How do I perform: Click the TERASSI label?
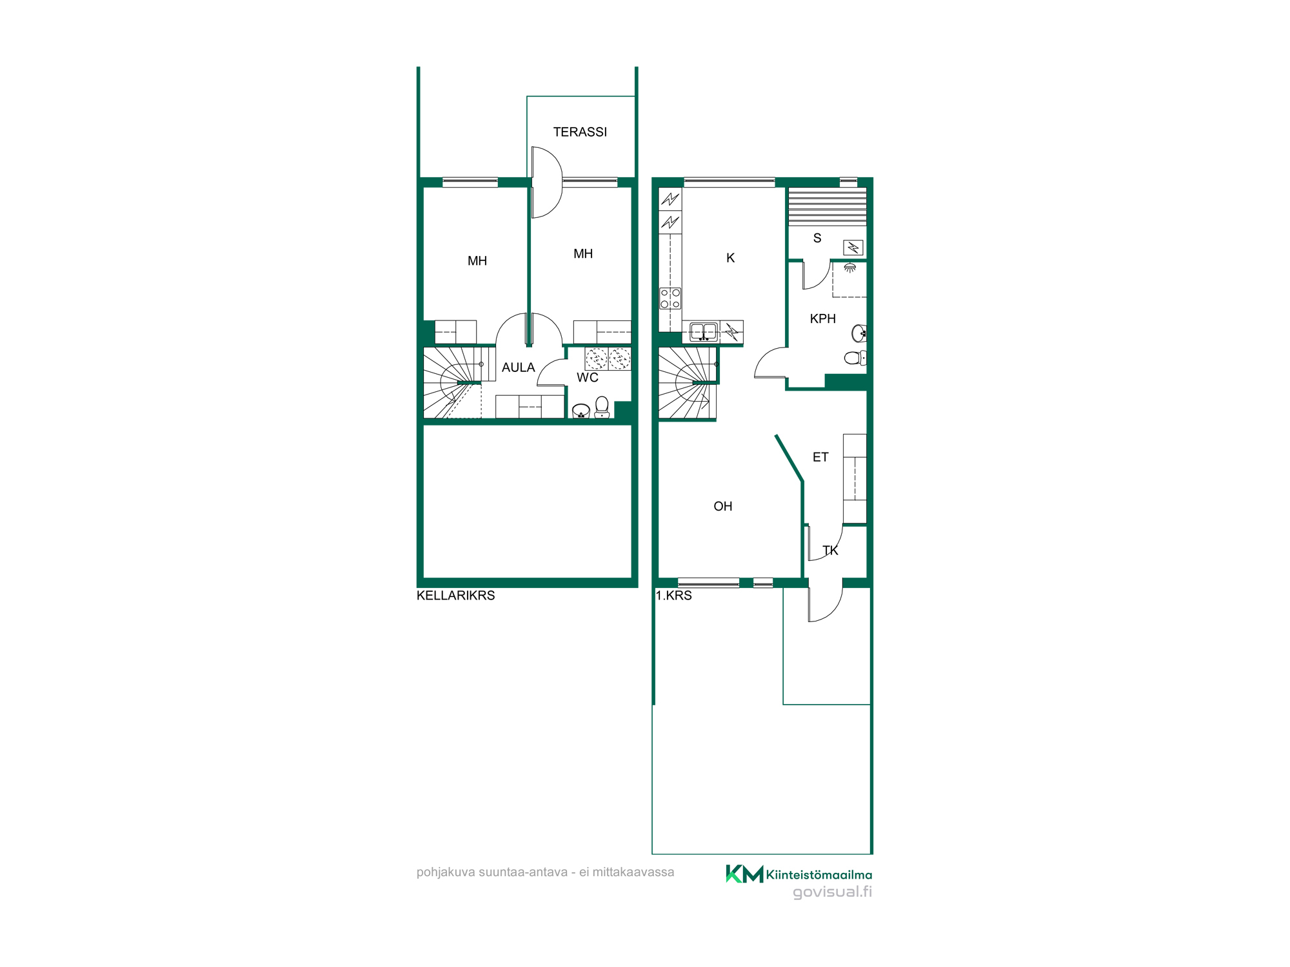coord(580,132)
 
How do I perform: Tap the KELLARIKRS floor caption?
coord(455,596)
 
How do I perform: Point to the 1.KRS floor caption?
coord(673,596)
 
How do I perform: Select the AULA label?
coord(519,367)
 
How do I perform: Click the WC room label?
coord(588,378)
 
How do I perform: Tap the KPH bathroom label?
coord(822,319)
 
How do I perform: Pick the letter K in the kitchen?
coord(730,258)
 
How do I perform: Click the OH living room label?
coord(723,507)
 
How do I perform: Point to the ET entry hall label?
coord(820,457)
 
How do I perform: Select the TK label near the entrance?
coord(830,551)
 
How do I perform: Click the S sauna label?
coord(817,239)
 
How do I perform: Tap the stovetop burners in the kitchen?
coord(670,299)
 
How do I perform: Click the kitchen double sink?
coord(704,332)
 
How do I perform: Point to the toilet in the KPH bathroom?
coord(855,357)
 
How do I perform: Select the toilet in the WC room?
coord(602,407)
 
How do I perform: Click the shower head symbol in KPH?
coord(850,268)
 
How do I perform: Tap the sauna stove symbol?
coord(853,248)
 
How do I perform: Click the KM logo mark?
coord(744,874)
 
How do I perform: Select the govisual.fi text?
coord(832,892)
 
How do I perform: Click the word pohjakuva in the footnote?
coord(446,873)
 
